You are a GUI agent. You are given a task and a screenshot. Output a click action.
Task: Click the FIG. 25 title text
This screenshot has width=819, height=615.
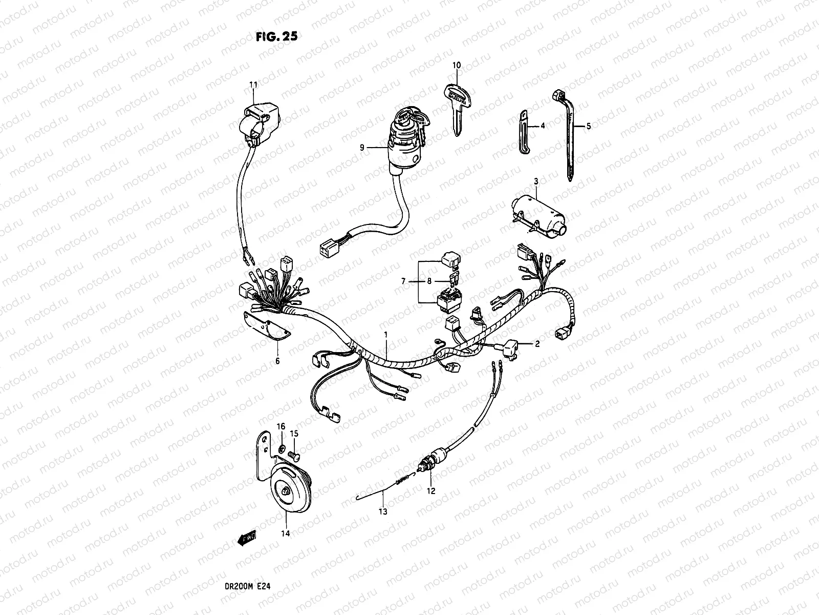(276, 37)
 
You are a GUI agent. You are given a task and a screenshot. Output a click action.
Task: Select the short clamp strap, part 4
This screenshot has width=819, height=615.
(523, 131)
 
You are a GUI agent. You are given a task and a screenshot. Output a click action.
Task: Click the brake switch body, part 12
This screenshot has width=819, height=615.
(430, 460)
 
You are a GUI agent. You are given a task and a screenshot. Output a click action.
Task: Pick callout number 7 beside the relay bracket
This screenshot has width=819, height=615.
(403, 281)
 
